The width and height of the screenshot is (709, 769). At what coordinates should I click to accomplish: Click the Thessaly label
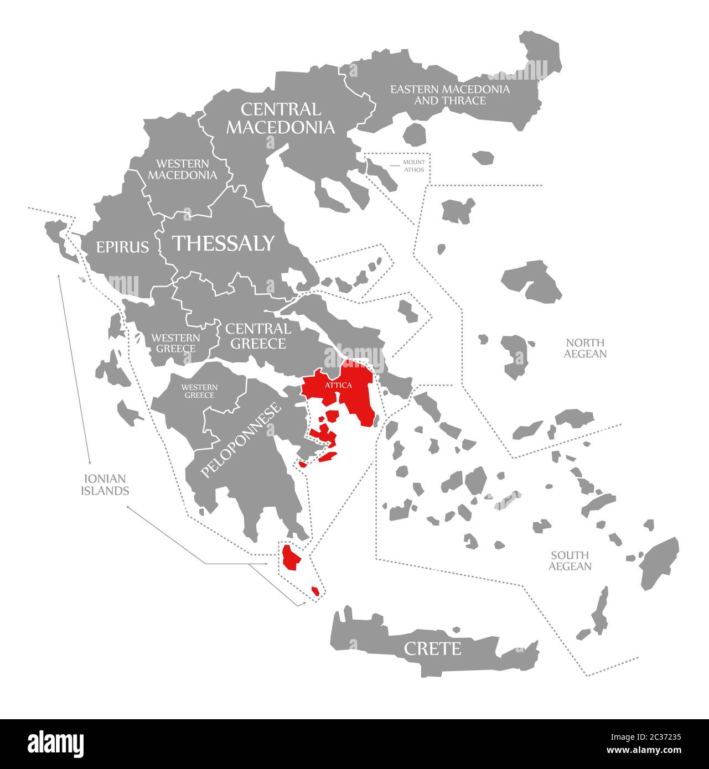(224, 243)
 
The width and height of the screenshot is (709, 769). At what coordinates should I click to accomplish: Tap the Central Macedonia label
(280, 118)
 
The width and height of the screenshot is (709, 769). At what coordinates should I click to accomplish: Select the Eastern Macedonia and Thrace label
(449, 95)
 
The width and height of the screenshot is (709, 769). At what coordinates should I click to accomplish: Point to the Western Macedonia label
(182, 169)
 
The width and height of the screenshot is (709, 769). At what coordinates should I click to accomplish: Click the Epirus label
(122, 247)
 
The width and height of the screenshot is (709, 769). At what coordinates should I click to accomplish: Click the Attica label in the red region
(338, 385)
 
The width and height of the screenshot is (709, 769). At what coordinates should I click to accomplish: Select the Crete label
(432, 648)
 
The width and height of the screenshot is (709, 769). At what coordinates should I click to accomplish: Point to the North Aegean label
(585, 348)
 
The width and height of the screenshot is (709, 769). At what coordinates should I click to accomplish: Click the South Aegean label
(570, 560)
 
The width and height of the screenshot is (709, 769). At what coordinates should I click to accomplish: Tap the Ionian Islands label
(105, 484)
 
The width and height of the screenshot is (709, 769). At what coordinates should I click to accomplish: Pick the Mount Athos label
(413, 166)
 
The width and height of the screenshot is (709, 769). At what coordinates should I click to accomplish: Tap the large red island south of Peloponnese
(290, 558)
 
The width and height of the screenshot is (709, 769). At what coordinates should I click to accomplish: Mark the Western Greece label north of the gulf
(176, 343)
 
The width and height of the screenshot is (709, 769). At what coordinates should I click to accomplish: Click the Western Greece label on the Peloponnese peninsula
(199, 391)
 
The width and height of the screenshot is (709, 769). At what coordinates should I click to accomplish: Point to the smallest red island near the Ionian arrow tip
(315, 591)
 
